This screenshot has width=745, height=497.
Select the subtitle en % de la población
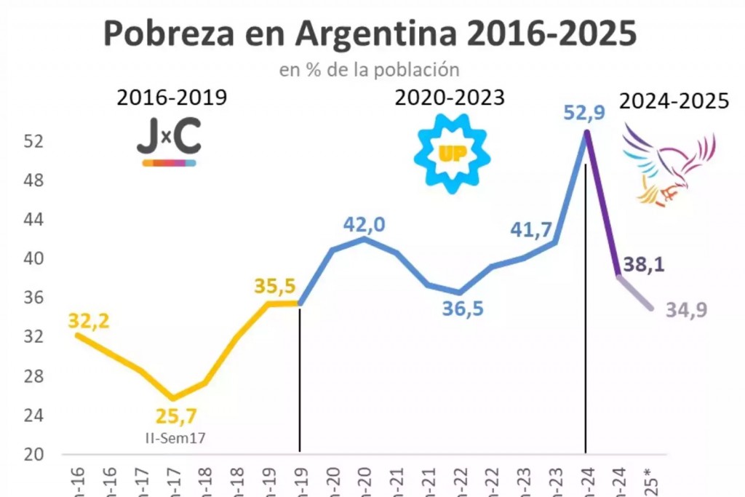369,70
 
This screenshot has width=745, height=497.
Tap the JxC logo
169,142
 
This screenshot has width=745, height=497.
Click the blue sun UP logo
452,153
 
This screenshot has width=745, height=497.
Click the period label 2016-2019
172,98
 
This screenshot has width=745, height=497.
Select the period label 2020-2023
450,98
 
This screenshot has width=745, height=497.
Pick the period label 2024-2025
674,101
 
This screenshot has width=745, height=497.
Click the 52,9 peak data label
584,114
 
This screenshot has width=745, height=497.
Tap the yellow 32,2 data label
89,320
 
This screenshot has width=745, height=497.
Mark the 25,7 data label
176,417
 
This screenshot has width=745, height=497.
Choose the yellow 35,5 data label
275,287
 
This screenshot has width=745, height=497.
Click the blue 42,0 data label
364,225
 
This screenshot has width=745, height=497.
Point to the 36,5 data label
463,309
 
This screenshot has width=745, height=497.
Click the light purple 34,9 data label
686,311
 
